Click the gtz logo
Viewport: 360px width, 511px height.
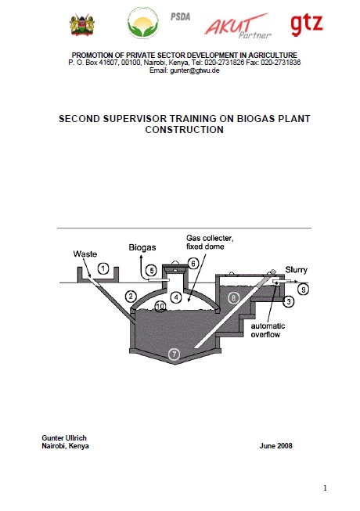(x=307, y=25)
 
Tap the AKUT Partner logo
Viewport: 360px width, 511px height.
(x=237, y=26)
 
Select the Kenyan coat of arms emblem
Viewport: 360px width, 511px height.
(x=82, y=25)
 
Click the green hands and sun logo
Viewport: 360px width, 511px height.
(x=143, y=23)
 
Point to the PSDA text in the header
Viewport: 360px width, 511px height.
(x=180, y=16)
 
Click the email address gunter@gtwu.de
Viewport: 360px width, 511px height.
(x=195, y=70)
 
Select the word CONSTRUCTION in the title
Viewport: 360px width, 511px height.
(x=185, y=130)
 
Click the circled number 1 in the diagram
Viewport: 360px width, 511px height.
(x=103, y=269)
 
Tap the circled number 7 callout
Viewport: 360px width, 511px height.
(x=175, y=354)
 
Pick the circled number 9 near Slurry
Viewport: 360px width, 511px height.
(x=304, y=289)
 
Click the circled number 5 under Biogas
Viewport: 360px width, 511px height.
(x=151, y=270)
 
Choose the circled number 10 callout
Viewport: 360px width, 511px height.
(x=160, y=306)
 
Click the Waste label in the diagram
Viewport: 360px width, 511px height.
(x=85, y=254)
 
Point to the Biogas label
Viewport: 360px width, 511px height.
(x=142, y=247)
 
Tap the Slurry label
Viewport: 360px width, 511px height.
(x=296, y=270)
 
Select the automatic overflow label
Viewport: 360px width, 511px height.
(x=268, y=330)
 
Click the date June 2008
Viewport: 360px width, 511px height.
(x=276, y=446)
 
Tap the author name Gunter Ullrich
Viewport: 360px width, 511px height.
(x=64, y=437)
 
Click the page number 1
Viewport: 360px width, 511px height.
(x=325, y=488)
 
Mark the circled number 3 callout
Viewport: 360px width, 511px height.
(x=289, y=301)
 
